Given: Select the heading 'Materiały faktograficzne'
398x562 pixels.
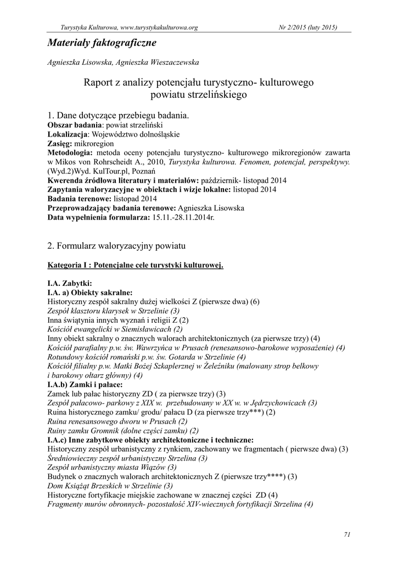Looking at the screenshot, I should coord(102,42).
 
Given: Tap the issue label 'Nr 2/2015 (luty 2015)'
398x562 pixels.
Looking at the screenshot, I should coord(309,27).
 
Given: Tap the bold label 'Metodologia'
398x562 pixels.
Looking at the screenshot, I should coord(70,152).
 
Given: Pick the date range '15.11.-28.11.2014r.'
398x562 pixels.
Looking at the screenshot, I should coord(183,217).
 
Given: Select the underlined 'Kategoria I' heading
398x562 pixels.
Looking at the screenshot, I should coord(71,265).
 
